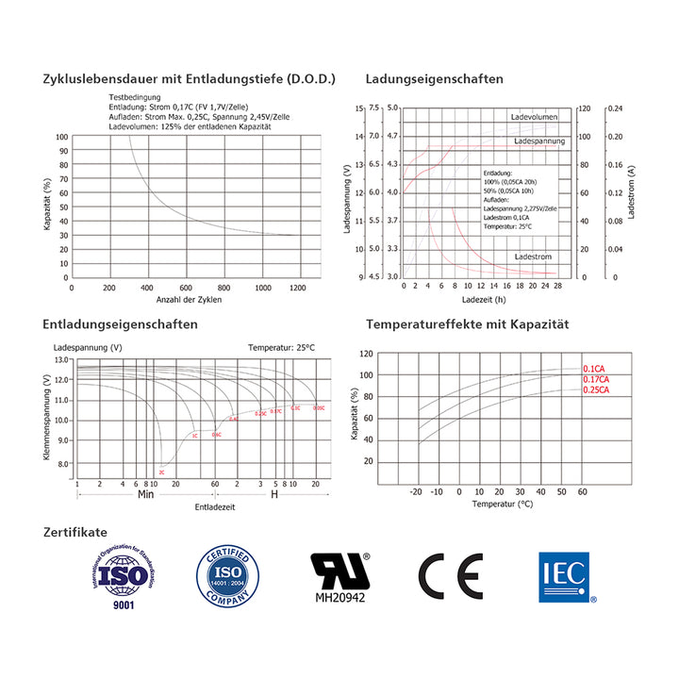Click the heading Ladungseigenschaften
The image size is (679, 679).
click(434, 79)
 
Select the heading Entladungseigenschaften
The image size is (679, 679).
click(120, 324)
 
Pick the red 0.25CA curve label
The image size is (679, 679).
click(596, 389)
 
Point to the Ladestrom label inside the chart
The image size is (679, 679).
click(533, 257)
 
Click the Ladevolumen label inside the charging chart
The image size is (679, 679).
click(534, 117)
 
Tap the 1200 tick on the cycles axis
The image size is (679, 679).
click(301, 288)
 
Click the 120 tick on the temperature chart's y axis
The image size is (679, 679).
click(367, 355)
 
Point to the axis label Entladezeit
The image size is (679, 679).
click(215, 507)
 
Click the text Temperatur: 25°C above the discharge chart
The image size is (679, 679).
click(282, 348)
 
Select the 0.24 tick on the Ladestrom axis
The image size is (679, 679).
click(615, 108)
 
